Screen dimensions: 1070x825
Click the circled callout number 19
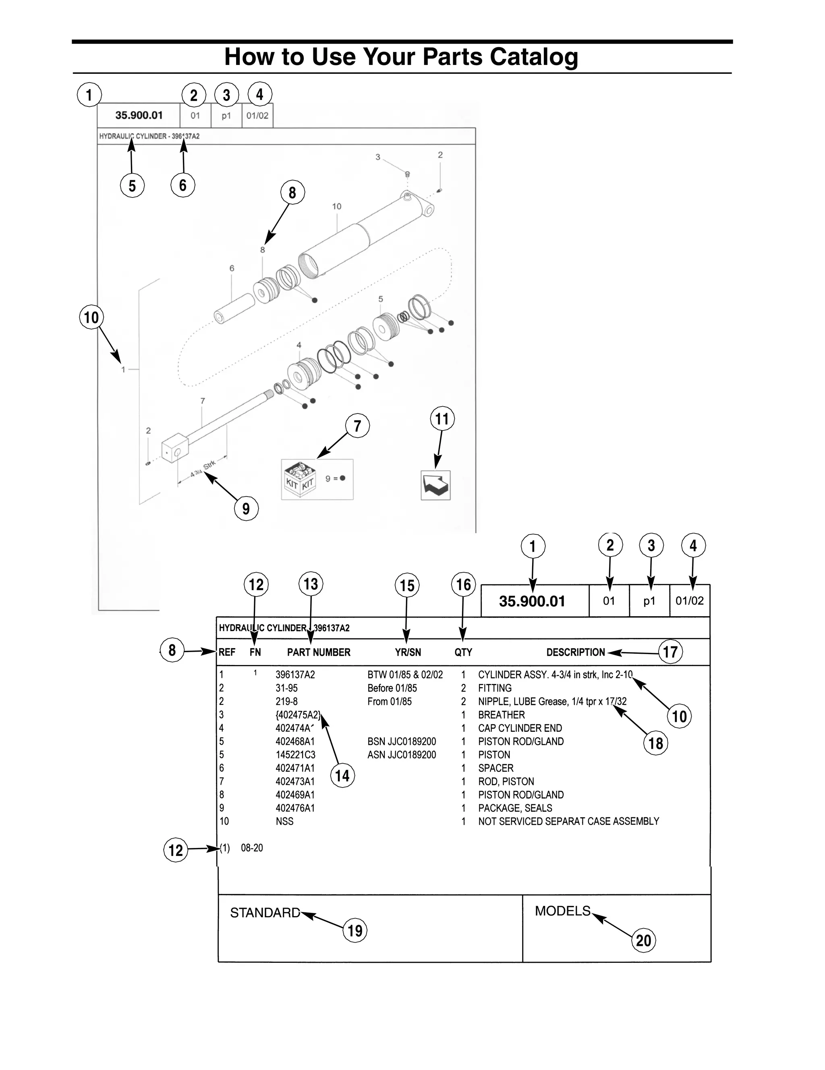coord(355,931)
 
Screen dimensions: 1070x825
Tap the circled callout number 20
coord(643,940)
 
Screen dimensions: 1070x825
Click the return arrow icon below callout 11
coord(435,485)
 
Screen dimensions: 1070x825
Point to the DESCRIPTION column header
coord(575,652)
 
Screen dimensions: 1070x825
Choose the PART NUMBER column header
coord(319,652)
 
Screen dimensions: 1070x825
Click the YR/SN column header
coord(408,652)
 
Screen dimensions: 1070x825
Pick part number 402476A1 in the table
coord(295,808)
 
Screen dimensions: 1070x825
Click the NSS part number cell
coord(284,821)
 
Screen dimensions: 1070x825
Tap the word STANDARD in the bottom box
coord(265,913)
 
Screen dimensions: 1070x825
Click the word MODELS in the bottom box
coord(563,911)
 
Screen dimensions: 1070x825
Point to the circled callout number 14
coord(342,775)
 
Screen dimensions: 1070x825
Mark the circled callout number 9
coord(246,508)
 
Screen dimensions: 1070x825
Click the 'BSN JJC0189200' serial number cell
coord(402,741)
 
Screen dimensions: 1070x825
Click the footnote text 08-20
coord(252,848)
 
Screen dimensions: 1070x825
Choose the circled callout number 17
coord(670,652)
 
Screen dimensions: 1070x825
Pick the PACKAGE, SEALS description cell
coord(515,808)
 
